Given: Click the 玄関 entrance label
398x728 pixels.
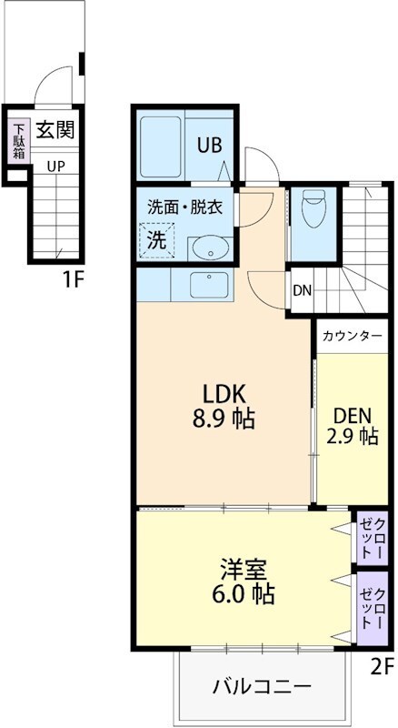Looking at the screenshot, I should click(x=55, y=130).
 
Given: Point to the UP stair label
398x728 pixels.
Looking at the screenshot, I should click(x=55, y=167).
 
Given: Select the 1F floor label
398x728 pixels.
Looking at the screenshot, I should click(x=74, y=279).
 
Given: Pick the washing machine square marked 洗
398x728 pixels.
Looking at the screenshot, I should click(x=158, y=240).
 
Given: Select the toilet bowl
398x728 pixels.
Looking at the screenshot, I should click(x=312, y=210).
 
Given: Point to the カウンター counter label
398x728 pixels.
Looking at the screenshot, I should click(x=352, y=336).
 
